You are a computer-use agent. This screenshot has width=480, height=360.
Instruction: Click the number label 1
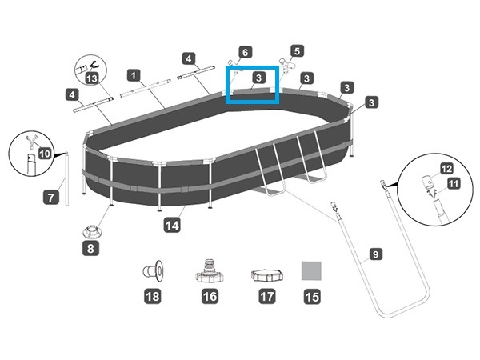[x=134, y=75]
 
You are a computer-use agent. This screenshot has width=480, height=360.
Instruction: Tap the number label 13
[x=92, y=78]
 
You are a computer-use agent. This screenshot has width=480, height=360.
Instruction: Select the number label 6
[x=246, y=52]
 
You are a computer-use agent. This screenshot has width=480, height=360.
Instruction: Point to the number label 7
[x=50, y=196]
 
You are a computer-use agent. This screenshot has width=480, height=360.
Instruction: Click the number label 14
[x=171, y=226]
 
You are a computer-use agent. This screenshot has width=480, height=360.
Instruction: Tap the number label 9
[x=374, y=257]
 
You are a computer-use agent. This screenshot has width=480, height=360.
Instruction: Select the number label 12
[x=446, y=169]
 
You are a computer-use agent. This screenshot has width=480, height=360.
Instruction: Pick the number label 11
[x=454, y=184]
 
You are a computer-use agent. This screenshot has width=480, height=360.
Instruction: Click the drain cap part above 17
[x=265, y=276]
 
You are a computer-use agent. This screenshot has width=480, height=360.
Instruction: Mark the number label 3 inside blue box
[x=258, y=78]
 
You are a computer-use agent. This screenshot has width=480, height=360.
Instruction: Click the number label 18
[x=153, y=297]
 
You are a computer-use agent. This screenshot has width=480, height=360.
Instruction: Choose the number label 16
[x=210, y=297]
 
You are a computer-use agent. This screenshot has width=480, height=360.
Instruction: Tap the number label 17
[x=265, y=297]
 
